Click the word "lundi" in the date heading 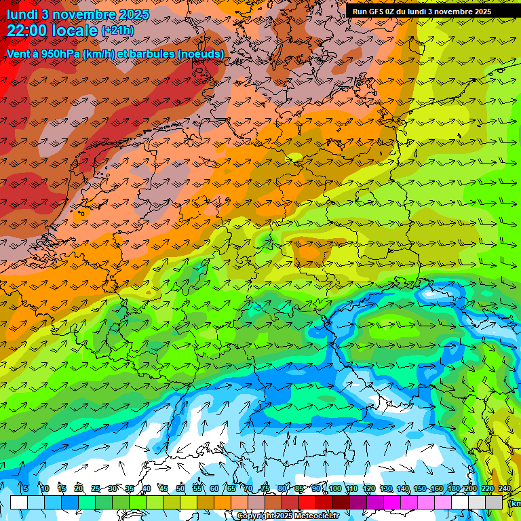tap(22, 14)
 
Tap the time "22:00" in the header tap(26, 31)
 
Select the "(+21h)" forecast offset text tap(118, 31)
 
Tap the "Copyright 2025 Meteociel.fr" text tap(288, 516)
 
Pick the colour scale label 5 tap(25, 488)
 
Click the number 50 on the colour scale tap(180, 488)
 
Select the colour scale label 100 tap(334, 488)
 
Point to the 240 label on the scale tap(504, 488)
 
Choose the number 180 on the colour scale tap(453, 488)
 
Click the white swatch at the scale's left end tap(19, 502)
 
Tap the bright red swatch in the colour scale tap(307, 502)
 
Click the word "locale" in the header tap(74, 31)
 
